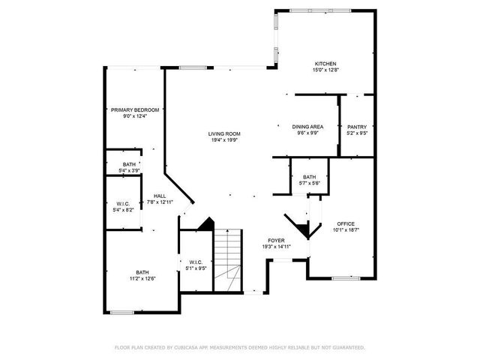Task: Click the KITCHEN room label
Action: pyautogui.click(x=325, y=64)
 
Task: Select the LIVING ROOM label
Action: pyautogui.click(x=224, y=133)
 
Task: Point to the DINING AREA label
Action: pyautogui.click(x=307, y=127)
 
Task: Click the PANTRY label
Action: pyautogui.click(x=357, y=127)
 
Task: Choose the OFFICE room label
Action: pyautogui.click(x=346, y=223)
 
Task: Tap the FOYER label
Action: pyautogui.click(x=276, y=241)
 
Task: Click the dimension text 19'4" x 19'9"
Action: pyautogui.click(x=224, y=139)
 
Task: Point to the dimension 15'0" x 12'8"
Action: pyautogui.click(x=325, y=70)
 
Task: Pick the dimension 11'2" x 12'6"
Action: pyautogui.click(x=142, y=278)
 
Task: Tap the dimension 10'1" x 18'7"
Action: pyautogui.click(x=346, y=229)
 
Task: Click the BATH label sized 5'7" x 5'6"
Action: pyautogui.click(x=310, y=177)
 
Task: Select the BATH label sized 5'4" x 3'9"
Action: pyautogui.click(x=130, y=164)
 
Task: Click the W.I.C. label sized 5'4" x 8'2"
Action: pyautogui.click(x=124, y=204)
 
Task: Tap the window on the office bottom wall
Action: pyautogui.click(x=346, y=278)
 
